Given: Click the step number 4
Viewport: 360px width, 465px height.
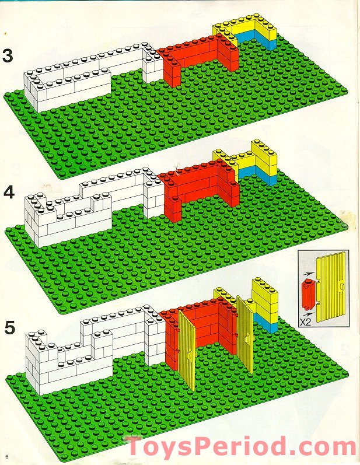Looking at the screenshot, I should pos(8,191).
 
